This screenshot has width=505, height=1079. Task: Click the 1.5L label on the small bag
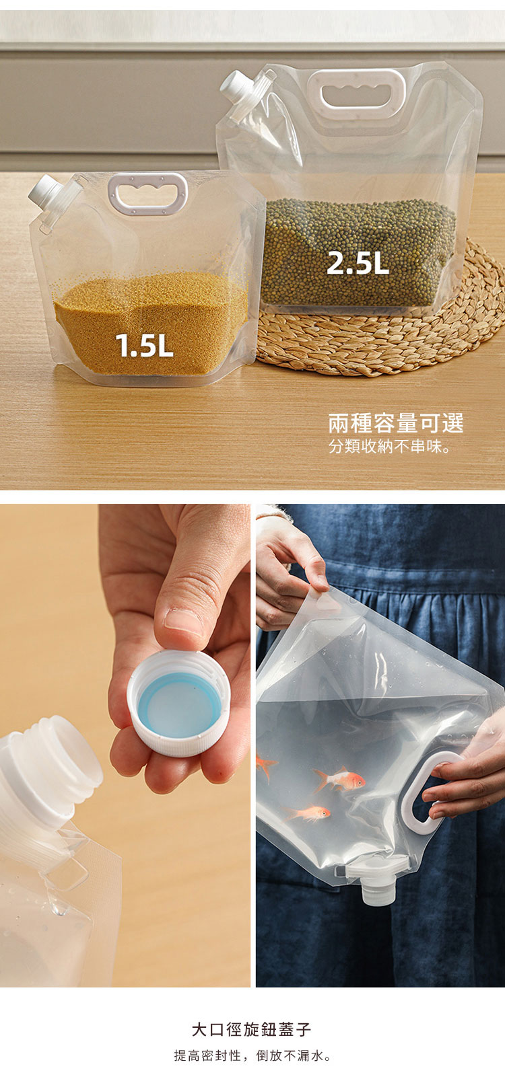coord(144,345)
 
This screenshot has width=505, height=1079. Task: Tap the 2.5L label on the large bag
coord(358,263)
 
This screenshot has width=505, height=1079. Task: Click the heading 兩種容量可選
coord(396,423)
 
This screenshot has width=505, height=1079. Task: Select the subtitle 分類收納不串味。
coord(390,447)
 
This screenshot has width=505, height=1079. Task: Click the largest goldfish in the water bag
coord(339,780)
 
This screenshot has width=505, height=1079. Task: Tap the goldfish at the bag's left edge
coord(265,766)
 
